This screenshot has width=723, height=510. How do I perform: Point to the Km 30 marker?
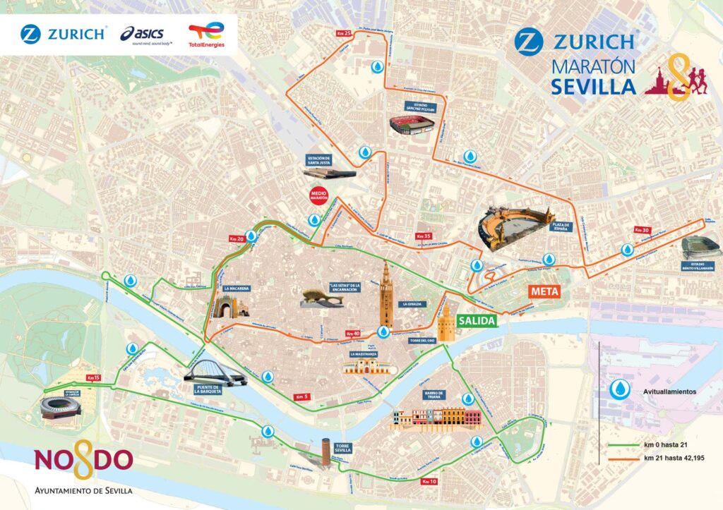click(642, 231)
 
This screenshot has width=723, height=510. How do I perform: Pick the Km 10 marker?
click(429, 481)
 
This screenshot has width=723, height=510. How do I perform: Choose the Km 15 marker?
click(92, 378)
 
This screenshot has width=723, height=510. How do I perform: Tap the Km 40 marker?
click(354, 334)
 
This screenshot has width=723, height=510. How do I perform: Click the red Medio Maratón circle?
click(313, 195)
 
